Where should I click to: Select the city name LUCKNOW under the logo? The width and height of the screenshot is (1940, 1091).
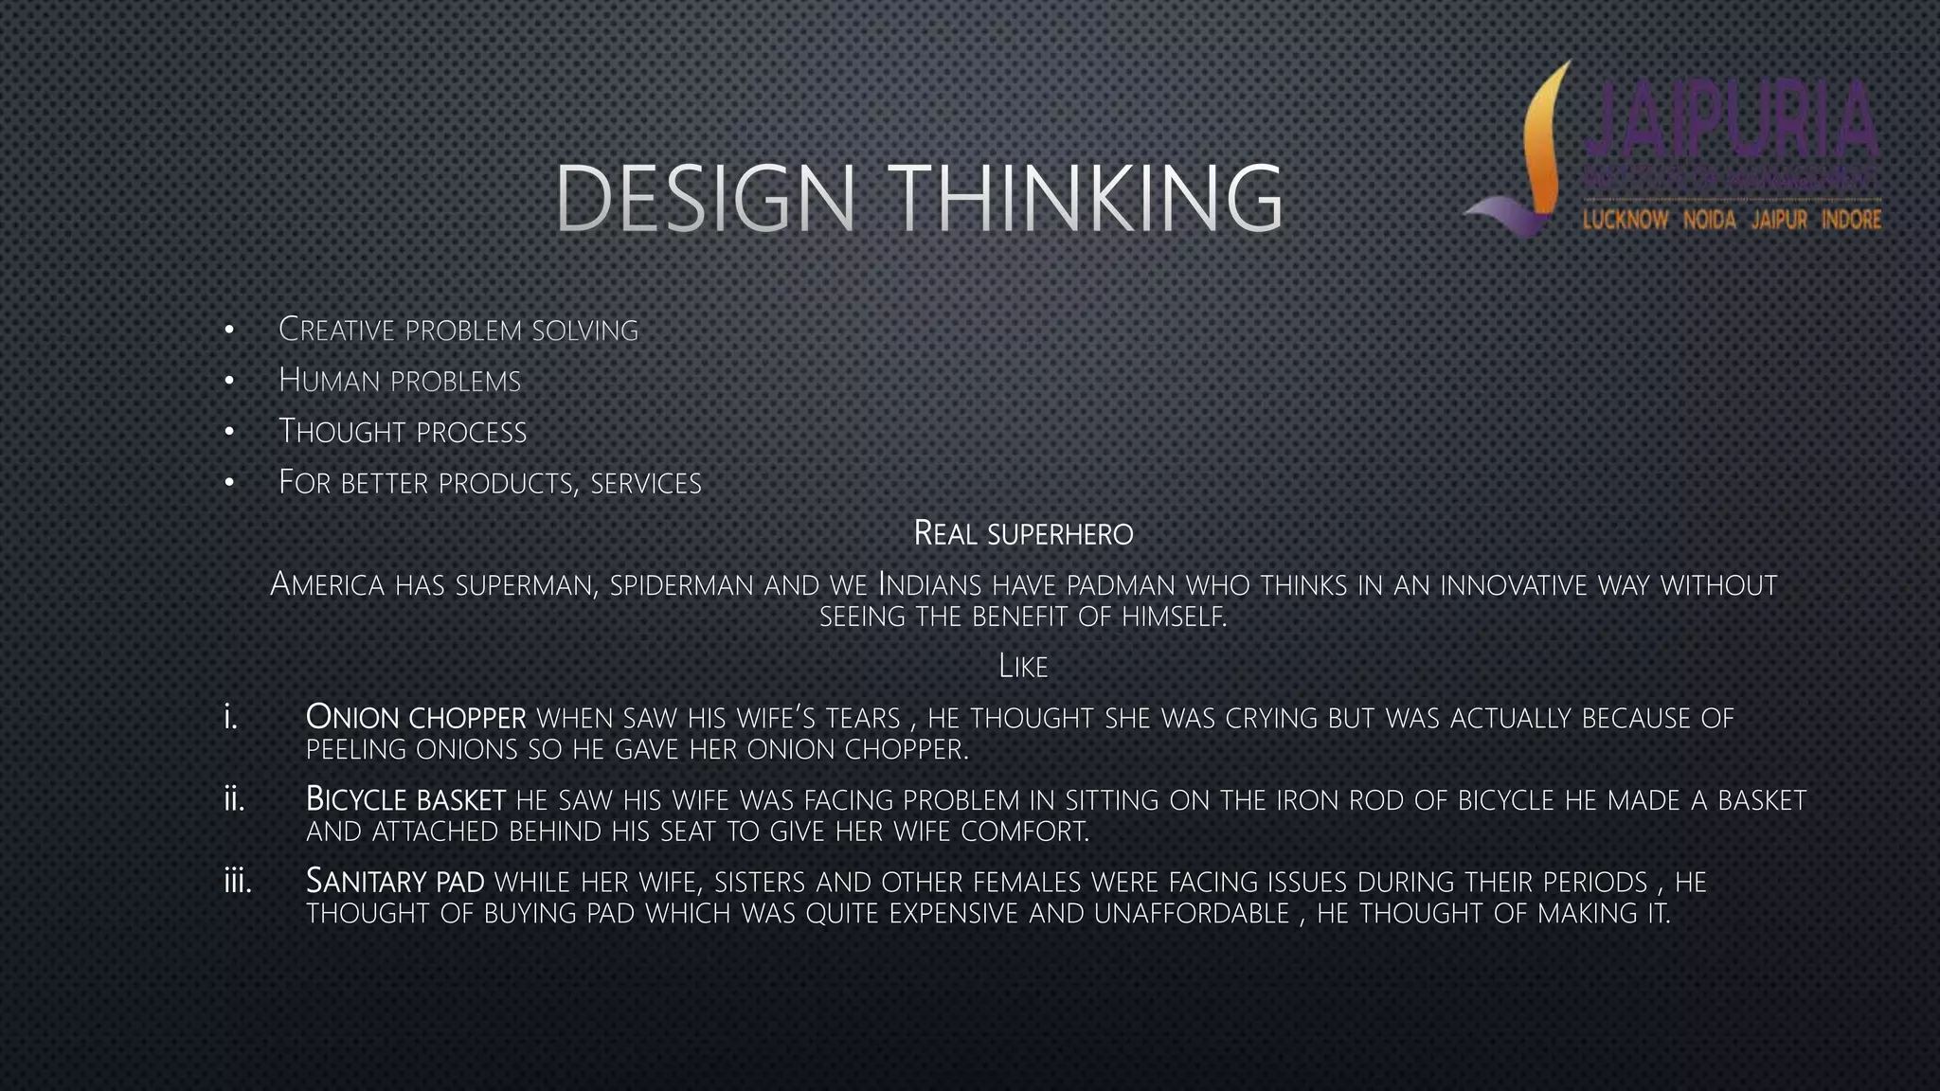pos(1626,221)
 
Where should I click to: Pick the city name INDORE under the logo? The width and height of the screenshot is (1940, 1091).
pos(1851,221)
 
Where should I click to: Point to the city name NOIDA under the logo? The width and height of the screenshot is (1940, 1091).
pos(1709,221)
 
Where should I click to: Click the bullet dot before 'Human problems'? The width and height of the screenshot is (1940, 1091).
pos(229,381)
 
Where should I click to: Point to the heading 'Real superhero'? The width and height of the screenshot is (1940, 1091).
pos(1023,533)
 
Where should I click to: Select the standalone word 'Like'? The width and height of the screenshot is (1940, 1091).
pos(1023,667)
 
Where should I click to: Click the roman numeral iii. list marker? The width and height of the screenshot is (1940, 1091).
pos(238,882)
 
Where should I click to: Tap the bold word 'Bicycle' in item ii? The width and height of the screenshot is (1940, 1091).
pos(355,799)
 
